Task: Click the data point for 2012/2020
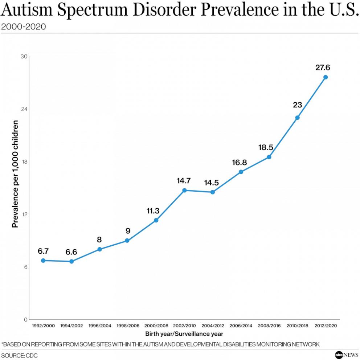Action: click(326, 77)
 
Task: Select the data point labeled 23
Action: click(297, 118)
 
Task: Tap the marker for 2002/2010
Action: click(184, 190)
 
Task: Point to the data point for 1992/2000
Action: click(43, 261)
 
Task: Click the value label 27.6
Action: click(325, 68)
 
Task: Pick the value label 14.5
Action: click(211, 183)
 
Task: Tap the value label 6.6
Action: click(71, 252)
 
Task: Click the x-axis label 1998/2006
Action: click(128, 326)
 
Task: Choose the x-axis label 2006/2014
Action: click(241, 326)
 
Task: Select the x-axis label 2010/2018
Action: click(297, 326)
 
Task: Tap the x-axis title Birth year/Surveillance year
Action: click(184, 334)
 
